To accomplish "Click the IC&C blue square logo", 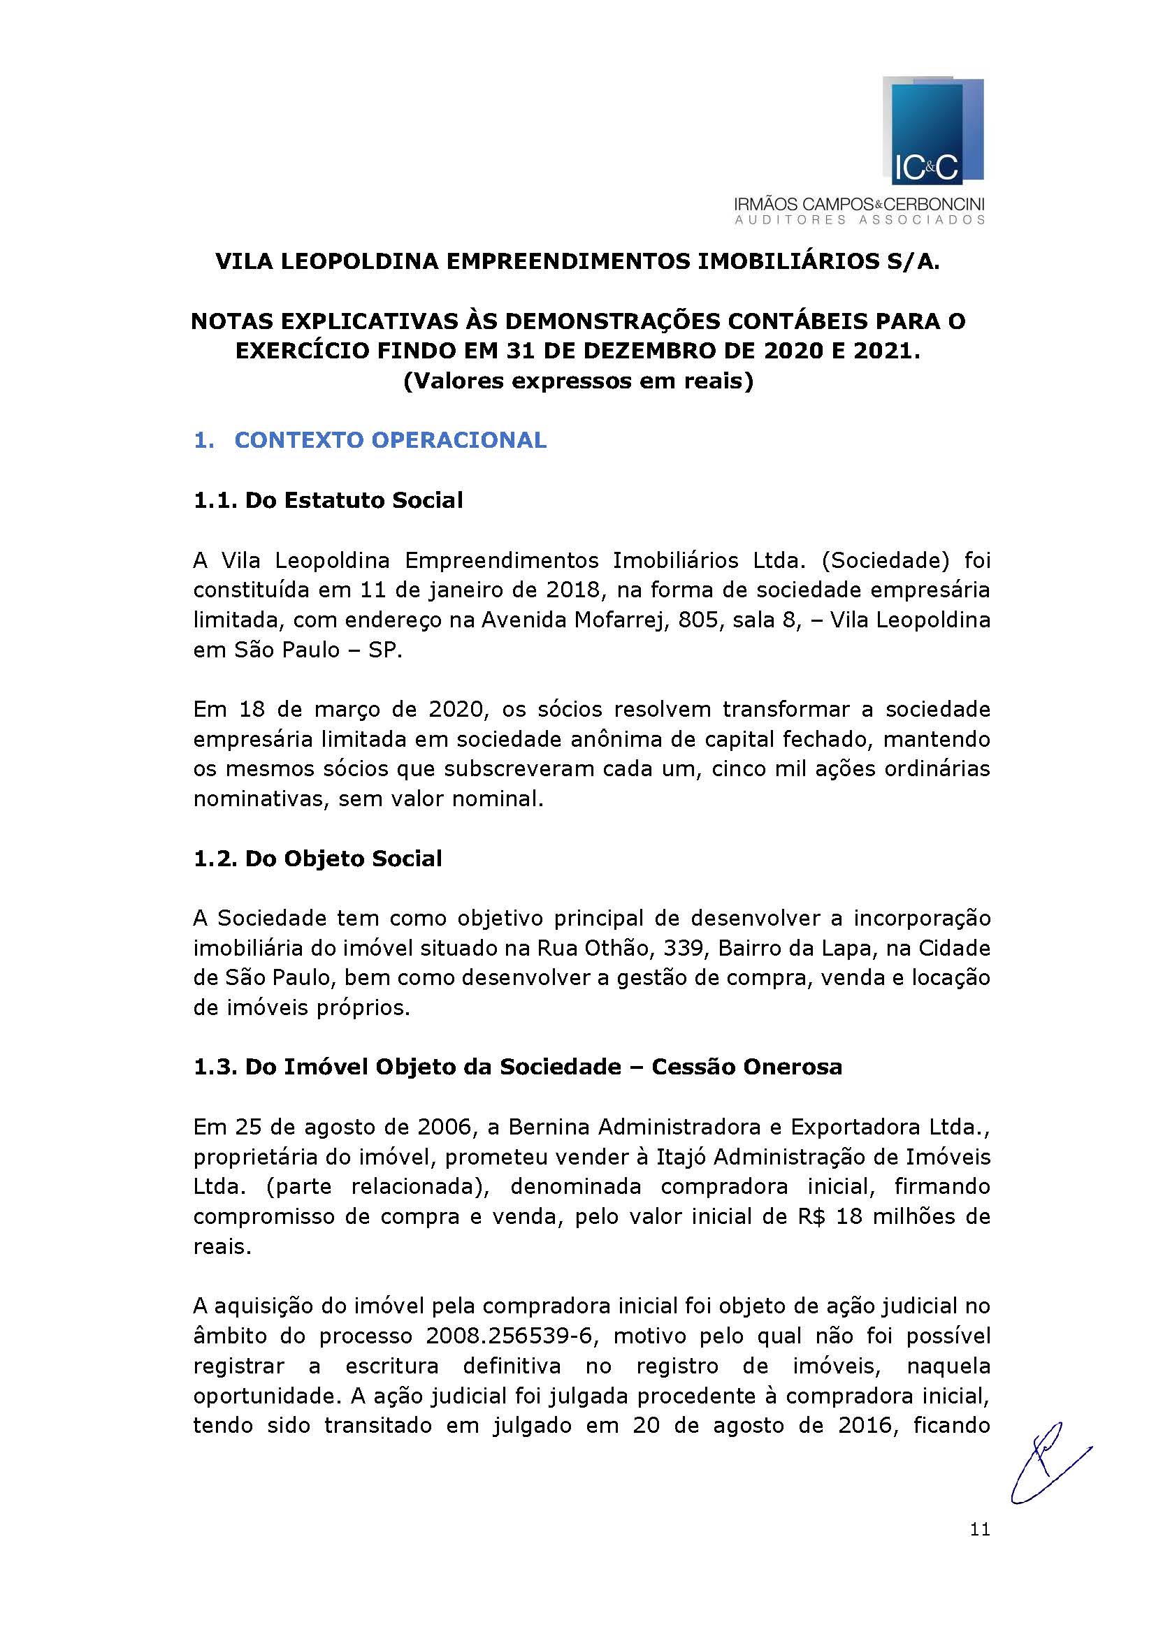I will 932,131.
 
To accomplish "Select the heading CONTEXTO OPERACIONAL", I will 390,441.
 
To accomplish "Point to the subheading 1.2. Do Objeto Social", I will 317,859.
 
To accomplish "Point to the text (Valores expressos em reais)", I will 578,381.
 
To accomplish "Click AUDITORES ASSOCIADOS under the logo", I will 859,220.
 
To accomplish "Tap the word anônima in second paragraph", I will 617,739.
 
